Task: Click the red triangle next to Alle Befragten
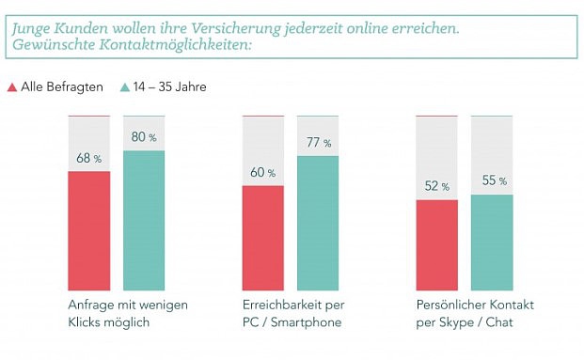(12, 87)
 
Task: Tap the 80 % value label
(144, 137)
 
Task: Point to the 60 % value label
(263, 172)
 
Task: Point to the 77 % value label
(319, 143)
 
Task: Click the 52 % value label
(437, 186)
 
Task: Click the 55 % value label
(492, 180)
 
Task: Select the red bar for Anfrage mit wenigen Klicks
(89, 230)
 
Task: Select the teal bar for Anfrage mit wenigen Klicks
(144, 220)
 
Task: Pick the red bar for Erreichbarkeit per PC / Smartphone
(263, 238)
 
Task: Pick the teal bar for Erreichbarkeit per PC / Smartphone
(319, 223)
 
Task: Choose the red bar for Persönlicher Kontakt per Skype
(437, 244)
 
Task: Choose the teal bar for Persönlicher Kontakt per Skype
(492, 242)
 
